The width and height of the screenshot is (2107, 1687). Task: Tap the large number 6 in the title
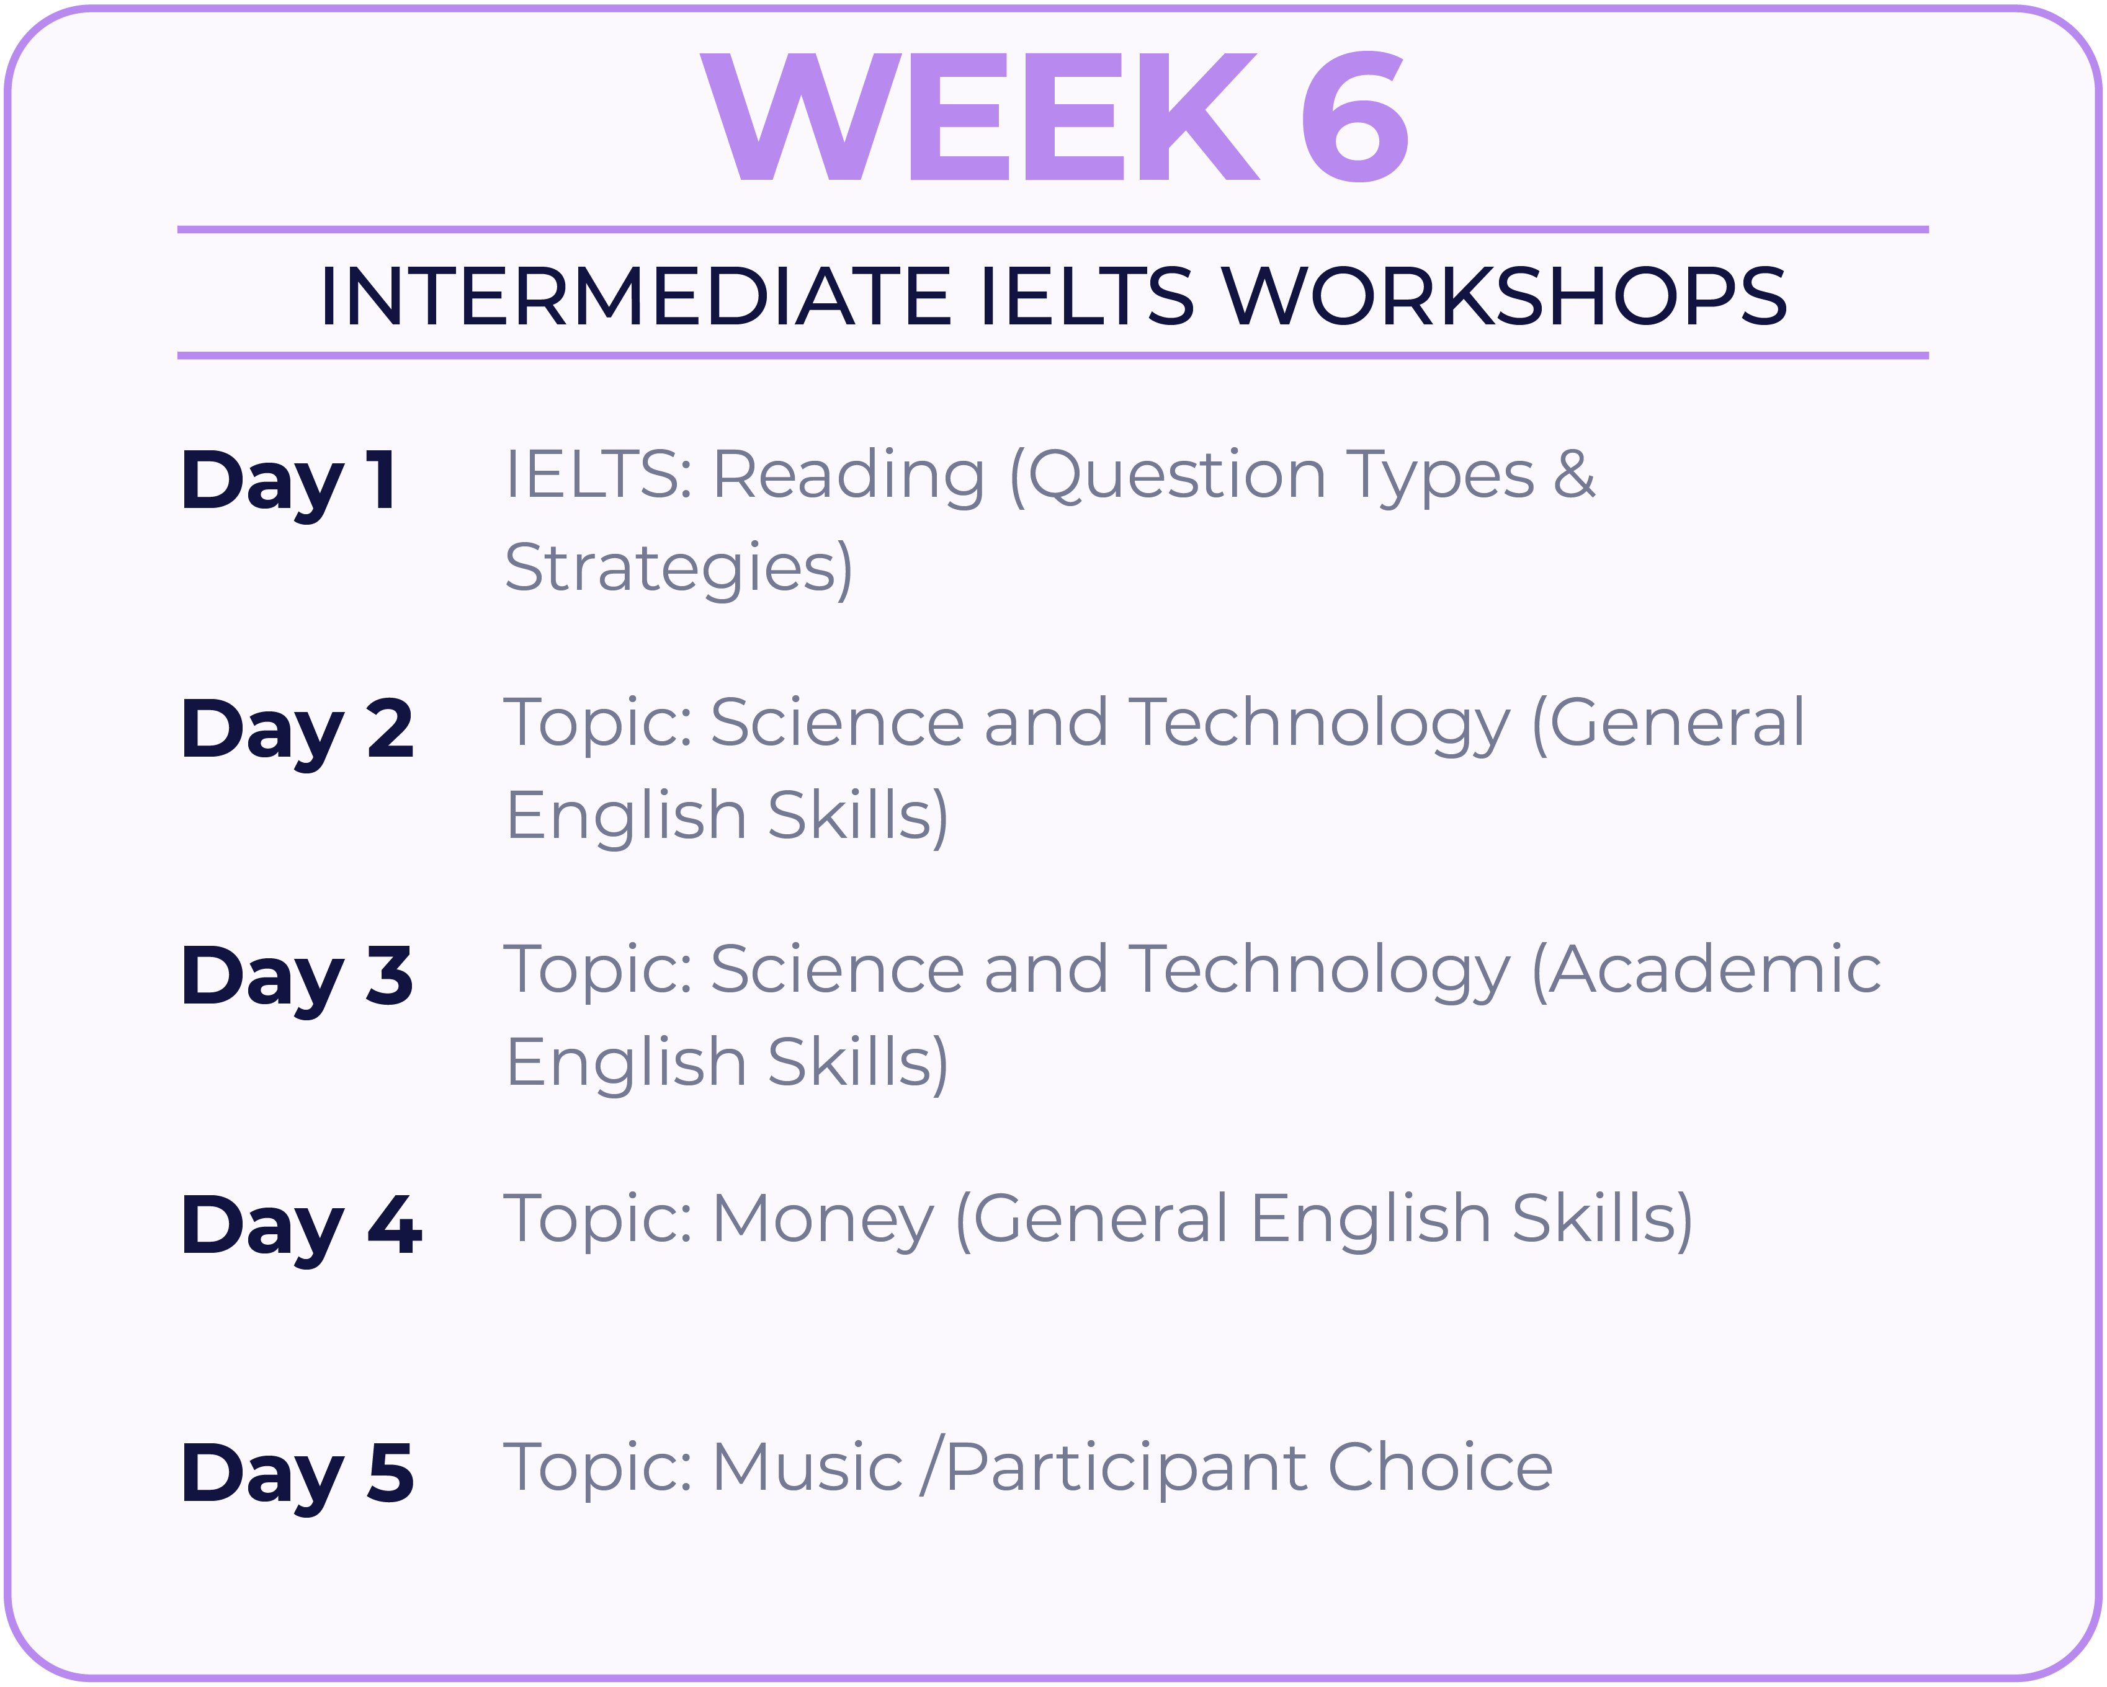coord(1354,117)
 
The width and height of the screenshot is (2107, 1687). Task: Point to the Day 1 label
coord(289,484)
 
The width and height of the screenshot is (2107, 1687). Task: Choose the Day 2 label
coord(298,732)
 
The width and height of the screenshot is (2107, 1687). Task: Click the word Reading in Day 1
coord(848,478)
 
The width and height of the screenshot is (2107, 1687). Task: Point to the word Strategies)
coord(678,569)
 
